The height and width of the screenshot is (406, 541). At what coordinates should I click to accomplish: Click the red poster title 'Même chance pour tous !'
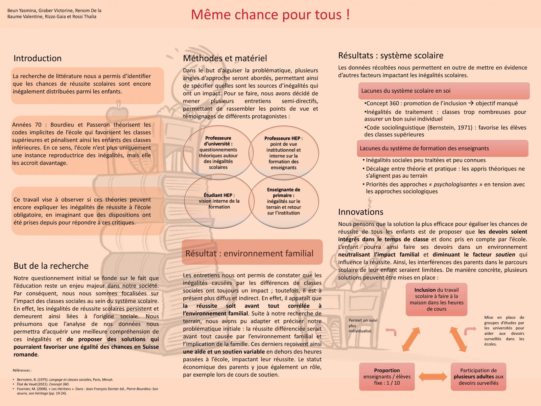click(x=270, y=15)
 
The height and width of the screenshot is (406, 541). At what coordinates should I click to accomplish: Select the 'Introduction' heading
click(x=38, y=58)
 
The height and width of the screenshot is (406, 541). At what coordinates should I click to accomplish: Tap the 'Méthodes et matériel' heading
click(x=225, y=58)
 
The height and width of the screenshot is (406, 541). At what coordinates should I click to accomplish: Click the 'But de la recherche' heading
click(x=51, y=266)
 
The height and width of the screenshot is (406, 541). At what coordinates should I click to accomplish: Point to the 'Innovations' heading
click(x=360, y=212)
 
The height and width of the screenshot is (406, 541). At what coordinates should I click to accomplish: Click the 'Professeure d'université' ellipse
click(x=218, y=153)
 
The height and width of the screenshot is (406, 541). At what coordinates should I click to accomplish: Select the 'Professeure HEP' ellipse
click(x=284, y=153)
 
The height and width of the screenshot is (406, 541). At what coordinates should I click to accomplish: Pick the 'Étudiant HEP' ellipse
click(x=219, y=201)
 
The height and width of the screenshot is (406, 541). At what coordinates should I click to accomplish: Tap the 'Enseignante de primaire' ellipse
click(x=284, y=201)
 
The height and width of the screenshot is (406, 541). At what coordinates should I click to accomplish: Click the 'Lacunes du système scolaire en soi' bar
click(x=444, y=91)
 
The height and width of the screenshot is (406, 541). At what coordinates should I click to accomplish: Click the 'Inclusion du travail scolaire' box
click(x=437, y=299)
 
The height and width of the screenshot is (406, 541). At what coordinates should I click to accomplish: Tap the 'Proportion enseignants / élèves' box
click(x=387, y=377)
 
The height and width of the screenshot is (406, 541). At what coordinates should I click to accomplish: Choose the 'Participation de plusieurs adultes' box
click(x=478, y=377)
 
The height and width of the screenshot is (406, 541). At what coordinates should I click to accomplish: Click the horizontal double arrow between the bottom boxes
click(x=432, y=377)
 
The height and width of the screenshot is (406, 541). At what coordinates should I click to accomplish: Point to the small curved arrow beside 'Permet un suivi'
click(x=391, y=332)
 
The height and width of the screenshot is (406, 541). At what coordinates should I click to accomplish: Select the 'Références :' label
click(x=22, y=370)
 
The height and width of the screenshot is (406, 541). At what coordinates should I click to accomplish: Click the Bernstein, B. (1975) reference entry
click(x=65, y=380)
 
